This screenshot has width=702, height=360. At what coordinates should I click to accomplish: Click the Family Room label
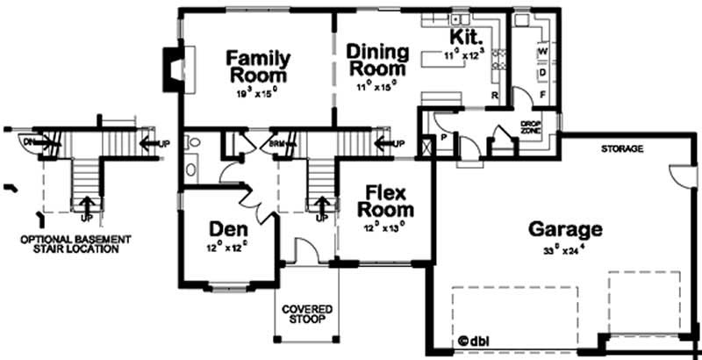[x=258, y=66]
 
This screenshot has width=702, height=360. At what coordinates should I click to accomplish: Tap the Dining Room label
[x=376, y=59]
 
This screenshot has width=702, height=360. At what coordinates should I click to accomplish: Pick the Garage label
[x=565, y=230]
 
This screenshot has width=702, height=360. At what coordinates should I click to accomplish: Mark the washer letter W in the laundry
[x=543, y=52]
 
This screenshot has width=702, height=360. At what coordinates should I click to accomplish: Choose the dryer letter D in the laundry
[x=543, y=71]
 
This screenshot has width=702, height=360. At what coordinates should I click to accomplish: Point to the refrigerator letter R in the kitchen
[x=495, y=93]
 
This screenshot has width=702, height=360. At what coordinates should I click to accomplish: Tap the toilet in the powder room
[x=194, y=141]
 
